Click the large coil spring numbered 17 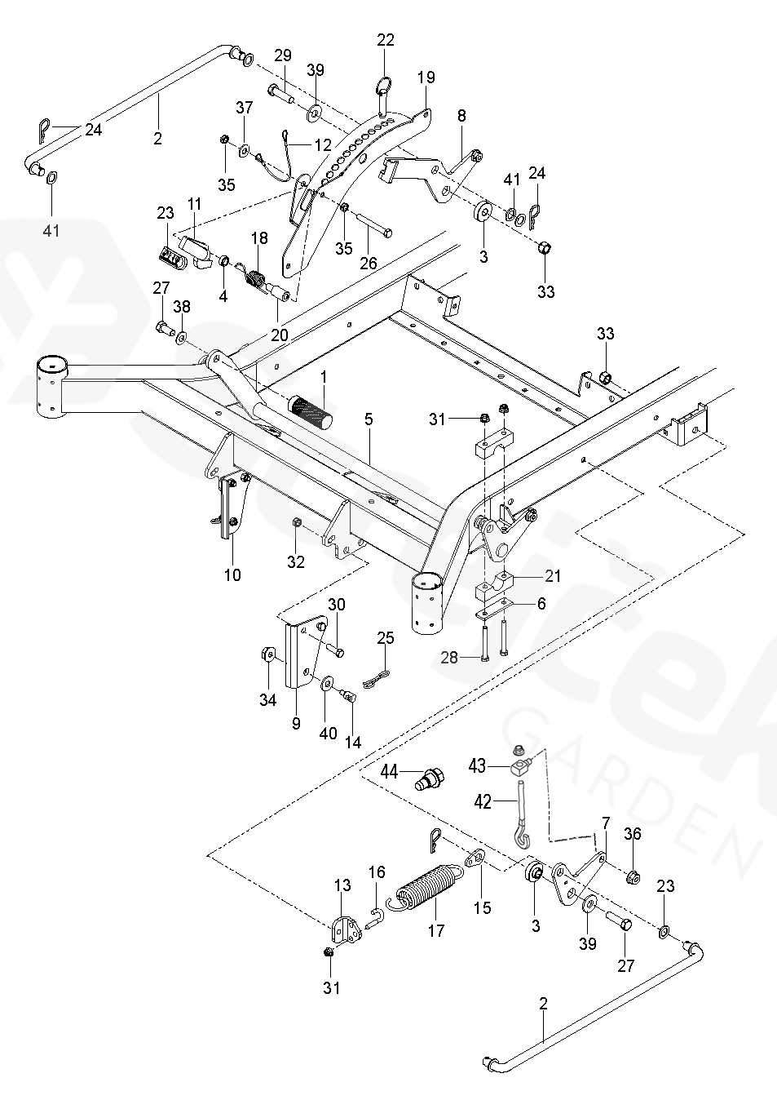coord(430,889)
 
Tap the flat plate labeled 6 coord(495,606)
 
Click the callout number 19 coord(426,78)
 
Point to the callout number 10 coord(232,574)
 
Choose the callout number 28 coord(449,658)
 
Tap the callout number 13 coord(342,885)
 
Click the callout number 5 coord(369,419)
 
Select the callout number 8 coord(461,116)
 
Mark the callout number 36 coord(633,833)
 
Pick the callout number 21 coord(553,577)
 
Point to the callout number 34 coord(267,699)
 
